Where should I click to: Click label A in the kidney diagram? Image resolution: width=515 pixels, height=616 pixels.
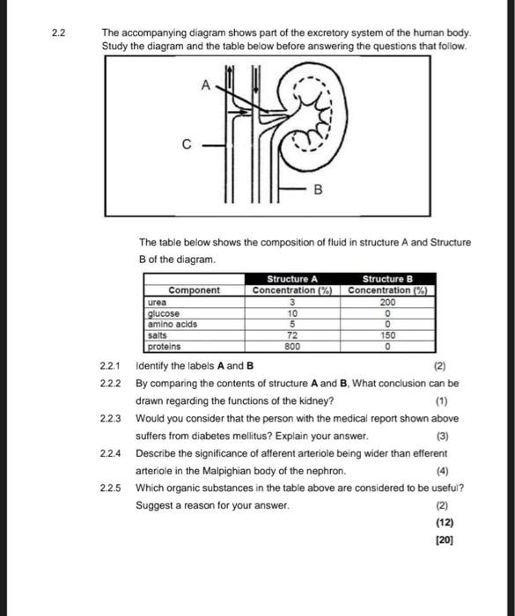click(x=206, y=84)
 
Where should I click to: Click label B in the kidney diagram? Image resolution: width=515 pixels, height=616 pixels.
click(x=318, y=190)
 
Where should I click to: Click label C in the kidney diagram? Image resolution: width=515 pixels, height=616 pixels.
click(x=187, y=144)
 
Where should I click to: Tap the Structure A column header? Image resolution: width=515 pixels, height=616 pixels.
click(x=292, y=279)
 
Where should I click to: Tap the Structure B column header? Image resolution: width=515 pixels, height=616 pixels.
click(x=387, y=279)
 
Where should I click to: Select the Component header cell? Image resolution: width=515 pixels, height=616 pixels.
click(x=195, y=290)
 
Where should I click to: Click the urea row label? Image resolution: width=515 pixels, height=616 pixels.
click(x=158, y=302)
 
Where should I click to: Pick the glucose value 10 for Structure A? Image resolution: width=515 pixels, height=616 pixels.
click(x=292, y=313)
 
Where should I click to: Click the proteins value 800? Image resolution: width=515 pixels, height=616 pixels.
click(x=292, y=347)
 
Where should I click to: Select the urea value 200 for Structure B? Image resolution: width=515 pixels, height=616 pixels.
click(x=387, y=302)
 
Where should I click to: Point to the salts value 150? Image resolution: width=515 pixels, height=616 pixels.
click(x=387, y=335)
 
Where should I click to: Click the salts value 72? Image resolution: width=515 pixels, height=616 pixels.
click(x=292, y=335)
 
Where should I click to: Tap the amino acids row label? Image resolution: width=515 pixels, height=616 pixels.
click(x=173, y=324)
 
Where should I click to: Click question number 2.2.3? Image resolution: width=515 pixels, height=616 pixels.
click(x=110, y=419)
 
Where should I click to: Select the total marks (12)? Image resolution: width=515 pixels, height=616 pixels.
click(x=445, y=523)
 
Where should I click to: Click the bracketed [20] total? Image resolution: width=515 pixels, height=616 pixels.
click(x=445, y=540)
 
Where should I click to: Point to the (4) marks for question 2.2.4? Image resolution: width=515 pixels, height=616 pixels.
click(x=442, y=471)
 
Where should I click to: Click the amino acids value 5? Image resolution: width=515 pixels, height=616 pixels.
click(x=292, y=324)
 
